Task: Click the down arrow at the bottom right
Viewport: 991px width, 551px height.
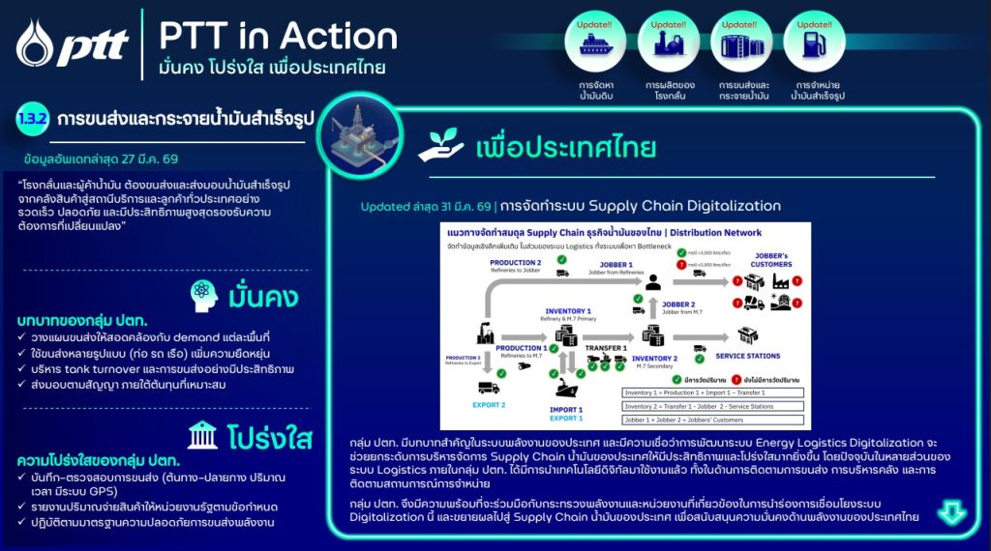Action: pos(952,510)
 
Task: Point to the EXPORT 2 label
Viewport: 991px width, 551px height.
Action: pos(490,404)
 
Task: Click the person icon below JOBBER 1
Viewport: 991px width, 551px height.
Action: pos(654,280)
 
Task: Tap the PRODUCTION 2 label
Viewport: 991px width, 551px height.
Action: pos(517,263)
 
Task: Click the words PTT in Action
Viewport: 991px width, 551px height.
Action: pos(278,37)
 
